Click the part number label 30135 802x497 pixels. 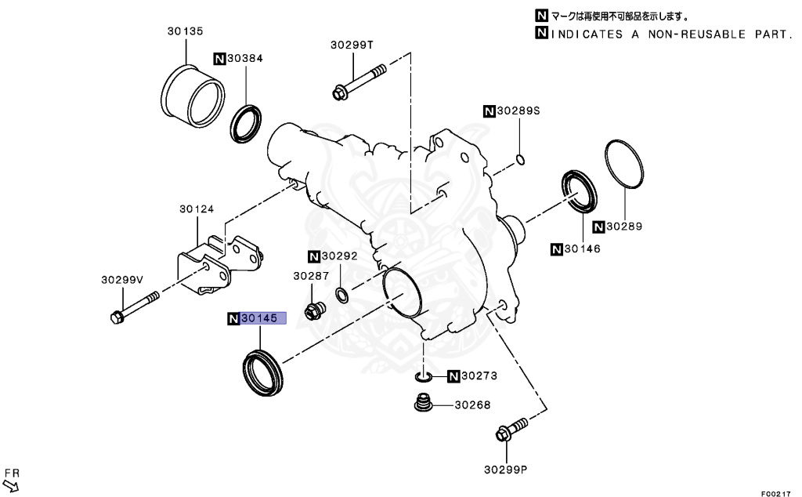[x=185, y=31]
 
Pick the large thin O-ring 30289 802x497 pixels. [x=625, y=164]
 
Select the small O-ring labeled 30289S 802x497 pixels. [x=520, y=161]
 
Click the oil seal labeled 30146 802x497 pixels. [x=580, y=191]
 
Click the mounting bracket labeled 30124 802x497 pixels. [x=222, y=263]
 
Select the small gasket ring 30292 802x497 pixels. [x=342, y=295]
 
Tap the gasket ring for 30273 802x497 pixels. [x=424, y=377]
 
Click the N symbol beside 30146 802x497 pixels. [x=557, y=249]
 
